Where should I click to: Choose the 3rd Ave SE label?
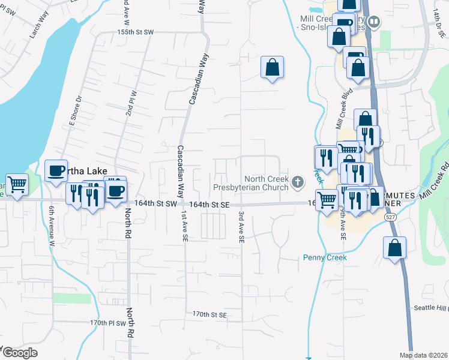(x=241, y=227)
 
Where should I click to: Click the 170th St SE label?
(x=209, y=314)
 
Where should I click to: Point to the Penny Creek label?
(x=324, y=257)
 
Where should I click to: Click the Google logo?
(x=19, y=353)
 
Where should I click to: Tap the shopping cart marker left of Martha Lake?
(x=17, y=184)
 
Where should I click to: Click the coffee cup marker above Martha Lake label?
(x=56, y=170)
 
